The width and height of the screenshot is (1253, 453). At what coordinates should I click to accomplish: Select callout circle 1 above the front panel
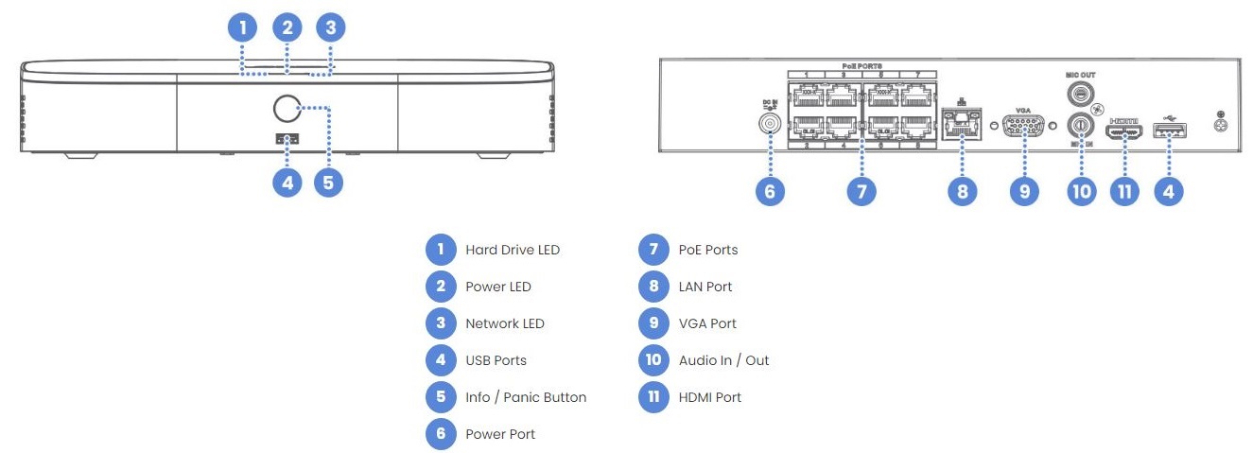coord(243,26)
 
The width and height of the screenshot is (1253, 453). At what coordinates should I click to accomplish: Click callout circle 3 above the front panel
coord(329,26)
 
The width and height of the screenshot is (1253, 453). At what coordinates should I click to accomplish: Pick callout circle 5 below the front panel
coord(328,183)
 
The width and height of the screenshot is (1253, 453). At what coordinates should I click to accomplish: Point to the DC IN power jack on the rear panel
coord(769,123)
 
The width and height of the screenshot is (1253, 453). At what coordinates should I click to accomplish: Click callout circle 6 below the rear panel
coord(769,191)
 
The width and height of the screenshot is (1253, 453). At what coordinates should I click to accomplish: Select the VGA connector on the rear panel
coord(1023,126)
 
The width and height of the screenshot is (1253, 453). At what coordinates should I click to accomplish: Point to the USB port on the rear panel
coord(1170,131)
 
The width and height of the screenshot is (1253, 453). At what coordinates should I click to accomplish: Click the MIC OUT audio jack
coord(1080,94)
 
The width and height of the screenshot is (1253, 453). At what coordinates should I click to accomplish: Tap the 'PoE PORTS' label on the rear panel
coord(861,64)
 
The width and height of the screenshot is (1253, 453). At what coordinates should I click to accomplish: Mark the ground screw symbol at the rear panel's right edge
coord(1220,124)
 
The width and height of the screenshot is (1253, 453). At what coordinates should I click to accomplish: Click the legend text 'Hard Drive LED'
coord(513,251)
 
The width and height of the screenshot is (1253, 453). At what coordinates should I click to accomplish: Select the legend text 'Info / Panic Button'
coord(526,397)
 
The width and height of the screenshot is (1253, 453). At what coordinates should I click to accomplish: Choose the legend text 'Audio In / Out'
coord(723,360)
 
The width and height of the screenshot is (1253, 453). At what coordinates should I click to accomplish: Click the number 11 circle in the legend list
coord(653,397)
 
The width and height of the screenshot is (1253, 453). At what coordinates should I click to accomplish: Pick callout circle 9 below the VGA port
coord(1023,191)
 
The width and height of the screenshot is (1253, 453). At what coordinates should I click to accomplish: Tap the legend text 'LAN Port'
coord(705,287)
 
